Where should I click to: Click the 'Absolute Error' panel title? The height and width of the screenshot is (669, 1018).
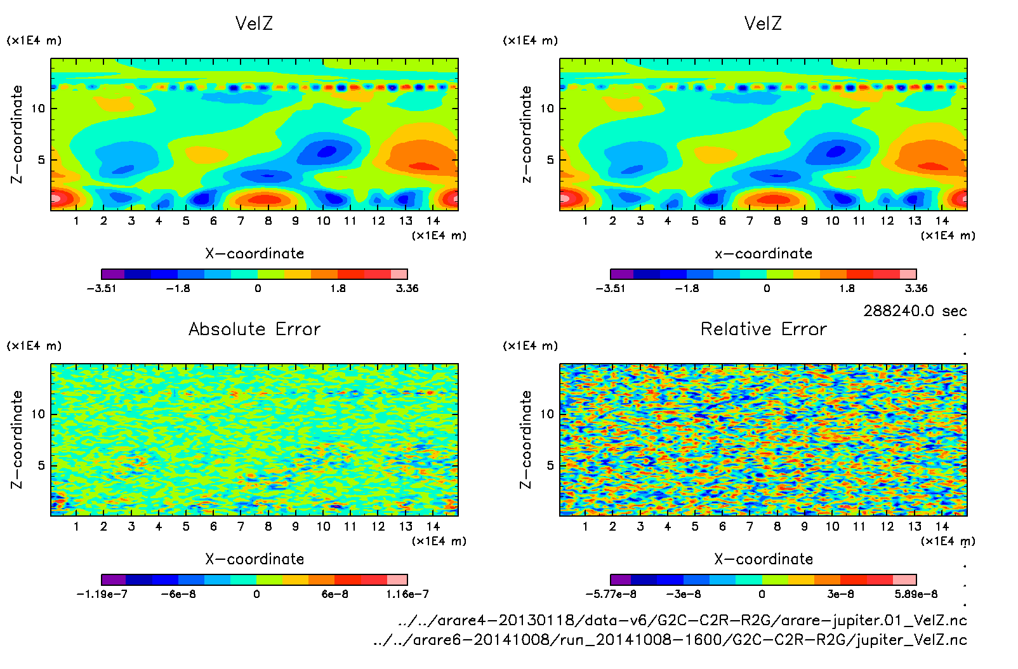tap(255, 329)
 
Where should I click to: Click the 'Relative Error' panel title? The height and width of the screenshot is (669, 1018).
tap(764, 329)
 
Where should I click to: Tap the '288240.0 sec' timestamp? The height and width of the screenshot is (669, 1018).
tap(915, 311)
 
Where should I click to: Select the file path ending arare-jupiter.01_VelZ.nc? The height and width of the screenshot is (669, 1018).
tap(682, 620)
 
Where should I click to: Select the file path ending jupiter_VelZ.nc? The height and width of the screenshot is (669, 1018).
tap(670, 640)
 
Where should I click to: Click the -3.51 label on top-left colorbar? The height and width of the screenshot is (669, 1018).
tap(102, 289)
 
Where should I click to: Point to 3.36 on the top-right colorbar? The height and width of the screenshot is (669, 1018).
tap(916, 289)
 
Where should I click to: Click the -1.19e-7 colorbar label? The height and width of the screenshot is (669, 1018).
tap(102, 595)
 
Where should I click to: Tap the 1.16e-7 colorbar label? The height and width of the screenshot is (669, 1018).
tap(407, 595)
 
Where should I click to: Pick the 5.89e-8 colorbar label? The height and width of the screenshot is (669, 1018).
tap(916, 595)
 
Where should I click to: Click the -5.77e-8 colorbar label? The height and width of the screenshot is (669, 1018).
tap(611, 595)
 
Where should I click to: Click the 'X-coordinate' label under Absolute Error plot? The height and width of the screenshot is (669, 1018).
tap(255, 559)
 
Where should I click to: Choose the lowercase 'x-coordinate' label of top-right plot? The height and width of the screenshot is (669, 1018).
tap(764, 254)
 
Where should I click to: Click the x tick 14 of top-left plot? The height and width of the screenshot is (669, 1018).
tap(433, 221)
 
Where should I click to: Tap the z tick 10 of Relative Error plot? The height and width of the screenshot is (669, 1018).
tap(547, 414)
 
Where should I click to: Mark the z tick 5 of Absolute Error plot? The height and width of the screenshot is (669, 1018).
tap(41, 465)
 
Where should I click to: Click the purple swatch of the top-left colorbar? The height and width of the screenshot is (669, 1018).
tap(113, 274)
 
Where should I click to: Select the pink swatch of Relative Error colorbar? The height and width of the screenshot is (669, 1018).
tap(904, 580)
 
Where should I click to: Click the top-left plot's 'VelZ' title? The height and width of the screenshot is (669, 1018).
tap(254, 24)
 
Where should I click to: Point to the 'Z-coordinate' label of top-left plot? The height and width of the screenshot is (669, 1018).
tap(17, 135)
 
